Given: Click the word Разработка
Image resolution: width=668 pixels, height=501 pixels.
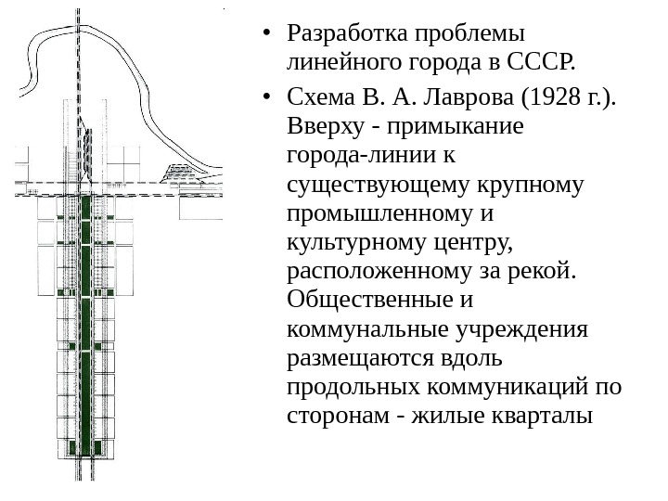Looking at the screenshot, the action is pyautogui.click(x=343, y=34).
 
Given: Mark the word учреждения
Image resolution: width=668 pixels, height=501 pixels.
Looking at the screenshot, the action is pyautogui.click(x=531, y=331).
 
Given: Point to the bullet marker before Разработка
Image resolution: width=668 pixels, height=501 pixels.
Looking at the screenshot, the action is pyautogui.click(x=267, y=35).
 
